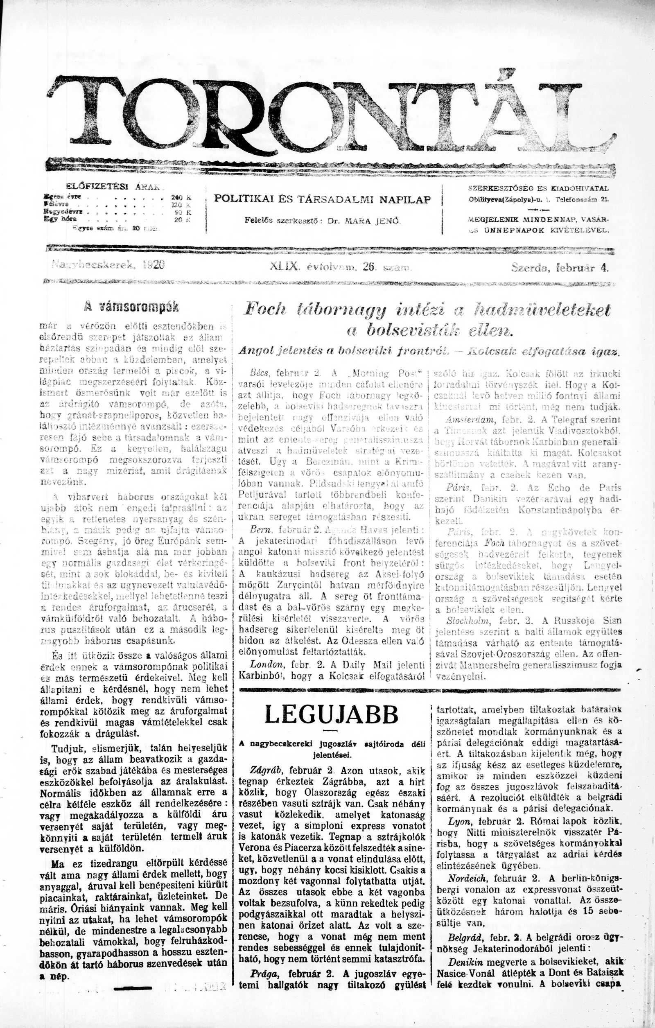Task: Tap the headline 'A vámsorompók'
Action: tap(131, 307)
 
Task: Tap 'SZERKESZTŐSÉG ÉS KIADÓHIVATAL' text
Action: tap(539, 188)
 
